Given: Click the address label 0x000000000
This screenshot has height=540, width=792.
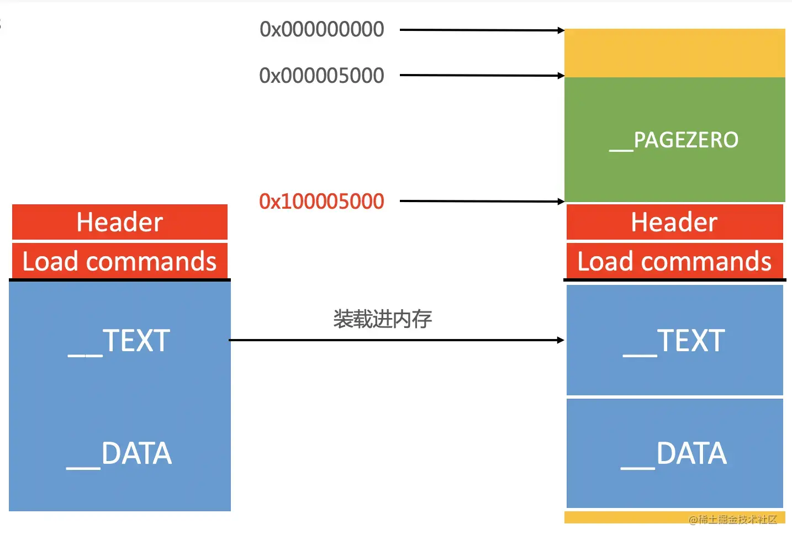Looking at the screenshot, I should [322, 29].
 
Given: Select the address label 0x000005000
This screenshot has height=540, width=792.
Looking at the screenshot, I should [322, 76].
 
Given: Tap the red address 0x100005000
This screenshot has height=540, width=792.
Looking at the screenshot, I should [322, 202].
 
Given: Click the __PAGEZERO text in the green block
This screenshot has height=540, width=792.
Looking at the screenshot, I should [674, 140].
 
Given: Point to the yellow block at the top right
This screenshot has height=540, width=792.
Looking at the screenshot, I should [674, 53].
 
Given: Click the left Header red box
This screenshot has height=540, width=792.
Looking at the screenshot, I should [120, 222].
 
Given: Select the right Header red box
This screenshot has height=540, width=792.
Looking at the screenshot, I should [674, 222].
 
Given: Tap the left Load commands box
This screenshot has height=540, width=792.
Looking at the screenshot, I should [120, 261].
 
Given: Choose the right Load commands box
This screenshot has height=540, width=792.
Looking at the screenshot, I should [674, 261].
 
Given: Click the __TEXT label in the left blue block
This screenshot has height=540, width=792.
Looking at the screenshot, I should [119, 341].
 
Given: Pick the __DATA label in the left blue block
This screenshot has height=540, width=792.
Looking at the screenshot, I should [119, 454].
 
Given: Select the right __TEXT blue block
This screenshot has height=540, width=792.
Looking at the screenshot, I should [674, 340].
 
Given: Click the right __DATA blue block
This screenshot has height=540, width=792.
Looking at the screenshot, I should [674, 453].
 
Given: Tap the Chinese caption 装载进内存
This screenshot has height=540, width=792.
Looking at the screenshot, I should [382, 319].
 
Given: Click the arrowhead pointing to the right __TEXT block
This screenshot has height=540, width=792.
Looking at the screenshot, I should [561, 340].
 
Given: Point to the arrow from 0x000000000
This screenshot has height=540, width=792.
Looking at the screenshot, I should [481, 30].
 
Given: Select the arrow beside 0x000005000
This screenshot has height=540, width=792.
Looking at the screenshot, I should [481, 75].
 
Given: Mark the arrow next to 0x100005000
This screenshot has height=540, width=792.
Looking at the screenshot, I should [481, 202].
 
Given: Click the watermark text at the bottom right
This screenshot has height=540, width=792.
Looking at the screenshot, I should [733, 519].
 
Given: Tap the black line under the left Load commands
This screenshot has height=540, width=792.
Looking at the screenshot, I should [120, 280].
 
